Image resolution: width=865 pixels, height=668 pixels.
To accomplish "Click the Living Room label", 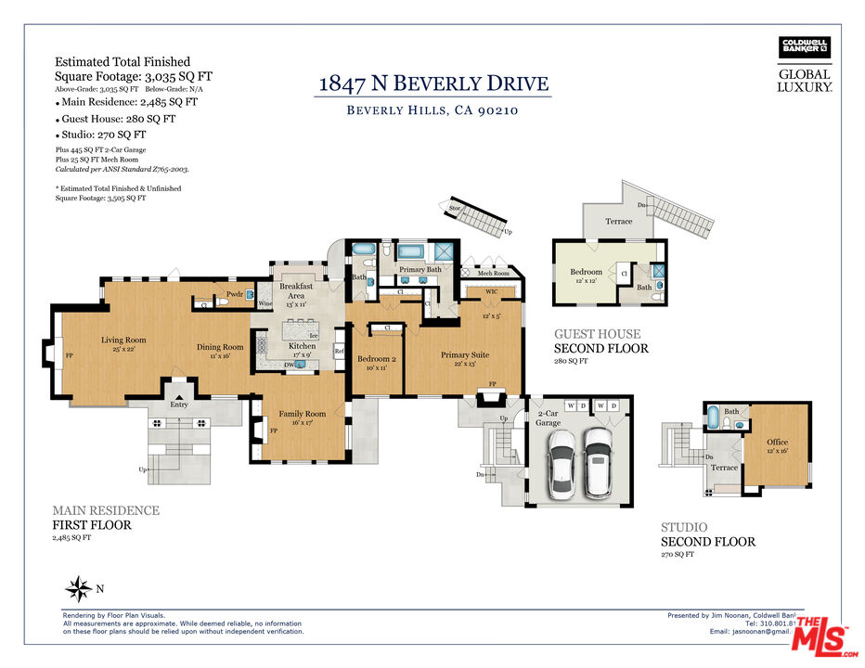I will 123,340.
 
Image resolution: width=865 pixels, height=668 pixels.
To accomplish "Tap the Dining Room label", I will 220,347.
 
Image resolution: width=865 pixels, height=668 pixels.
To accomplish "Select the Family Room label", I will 303,414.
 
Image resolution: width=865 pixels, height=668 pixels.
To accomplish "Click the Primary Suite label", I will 465,354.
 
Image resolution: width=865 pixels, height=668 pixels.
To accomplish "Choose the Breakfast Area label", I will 296,291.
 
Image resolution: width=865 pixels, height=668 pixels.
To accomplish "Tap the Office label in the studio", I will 777,443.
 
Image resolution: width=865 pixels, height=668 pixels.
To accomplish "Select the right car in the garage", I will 599,460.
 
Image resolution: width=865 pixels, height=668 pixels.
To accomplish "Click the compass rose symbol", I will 79,587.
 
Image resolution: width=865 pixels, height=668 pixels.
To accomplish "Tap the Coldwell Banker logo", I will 804,47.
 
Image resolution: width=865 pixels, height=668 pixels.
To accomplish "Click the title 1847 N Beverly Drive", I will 433,83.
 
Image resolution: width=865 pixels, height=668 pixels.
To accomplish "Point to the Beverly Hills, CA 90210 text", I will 432,110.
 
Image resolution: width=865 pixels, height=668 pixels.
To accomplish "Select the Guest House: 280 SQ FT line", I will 116,119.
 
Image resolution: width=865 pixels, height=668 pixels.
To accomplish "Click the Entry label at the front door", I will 178,405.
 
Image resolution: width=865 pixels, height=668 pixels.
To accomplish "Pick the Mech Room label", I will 494,273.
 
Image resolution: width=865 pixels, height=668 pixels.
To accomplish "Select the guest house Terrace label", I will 619,222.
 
